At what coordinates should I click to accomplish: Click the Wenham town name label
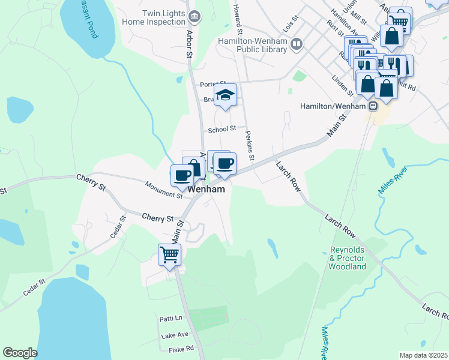click(x=207, y=189)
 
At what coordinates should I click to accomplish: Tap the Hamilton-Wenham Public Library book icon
click(x=296, y=44)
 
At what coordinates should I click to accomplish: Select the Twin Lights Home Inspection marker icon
click(x=194, y=16)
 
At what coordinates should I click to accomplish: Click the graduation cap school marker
click(x=226, y=95)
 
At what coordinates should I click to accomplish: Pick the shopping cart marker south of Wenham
click(x=169, y=254)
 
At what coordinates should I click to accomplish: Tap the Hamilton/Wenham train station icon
click(x=373, y=106)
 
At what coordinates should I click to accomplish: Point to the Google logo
click(x=20, y=353)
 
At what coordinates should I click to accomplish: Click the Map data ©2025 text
click(x=423, y=355)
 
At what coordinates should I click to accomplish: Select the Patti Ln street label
click(x=170, y=318)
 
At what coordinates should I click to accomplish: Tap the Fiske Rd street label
click(x=181, y=348)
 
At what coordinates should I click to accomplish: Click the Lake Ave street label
click(x=175, y=334)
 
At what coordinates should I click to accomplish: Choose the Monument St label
click(x=164, y=190)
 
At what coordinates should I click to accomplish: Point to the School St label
click(x=222, y=130)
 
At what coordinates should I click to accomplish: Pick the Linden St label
click(x=343, y=86)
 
